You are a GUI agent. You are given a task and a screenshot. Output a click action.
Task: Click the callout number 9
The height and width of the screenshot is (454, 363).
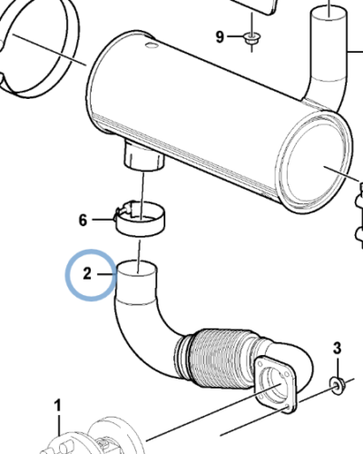[220, 37]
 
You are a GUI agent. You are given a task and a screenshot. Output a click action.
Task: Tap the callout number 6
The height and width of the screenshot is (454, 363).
[83, 220]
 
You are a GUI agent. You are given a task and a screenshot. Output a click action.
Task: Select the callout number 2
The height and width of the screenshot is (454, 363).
[87, 273]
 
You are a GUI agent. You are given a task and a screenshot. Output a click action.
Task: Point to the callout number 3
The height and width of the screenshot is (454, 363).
[338, 348]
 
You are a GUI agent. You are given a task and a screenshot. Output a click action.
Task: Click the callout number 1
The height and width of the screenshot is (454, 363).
[57, 406]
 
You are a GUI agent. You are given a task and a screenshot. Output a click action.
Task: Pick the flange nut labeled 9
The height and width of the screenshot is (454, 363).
[251, 39]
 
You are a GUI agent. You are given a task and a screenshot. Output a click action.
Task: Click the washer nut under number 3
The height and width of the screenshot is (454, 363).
[336, 386]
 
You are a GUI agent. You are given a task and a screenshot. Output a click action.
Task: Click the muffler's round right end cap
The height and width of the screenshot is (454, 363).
[315, 162]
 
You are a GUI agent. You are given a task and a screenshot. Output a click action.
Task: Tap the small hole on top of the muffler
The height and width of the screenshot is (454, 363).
[151, 45]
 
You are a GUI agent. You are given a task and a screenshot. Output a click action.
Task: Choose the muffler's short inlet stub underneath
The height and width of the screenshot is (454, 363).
[143, 156]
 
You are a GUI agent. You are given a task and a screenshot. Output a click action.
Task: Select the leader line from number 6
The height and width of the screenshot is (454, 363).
[103, 220]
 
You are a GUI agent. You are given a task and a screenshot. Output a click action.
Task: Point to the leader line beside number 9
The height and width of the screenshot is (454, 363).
[235, 36]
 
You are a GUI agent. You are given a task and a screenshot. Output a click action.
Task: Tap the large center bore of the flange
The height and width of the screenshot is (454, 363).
[273, 382]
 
